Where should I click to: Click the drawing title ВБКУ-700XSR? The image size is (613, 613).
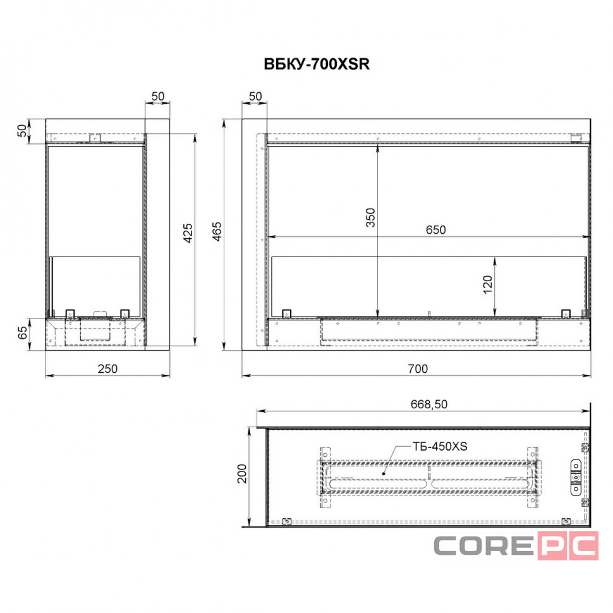[317, 64]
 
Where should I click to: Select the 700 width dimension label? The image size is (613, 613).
[418, 368]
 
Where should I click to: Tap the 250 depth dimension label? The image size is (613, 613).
[107, 368]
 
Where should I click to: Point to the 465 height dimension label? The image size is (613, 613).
[217, 231]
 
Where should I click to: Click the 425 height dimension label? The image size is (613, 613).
[188, 233]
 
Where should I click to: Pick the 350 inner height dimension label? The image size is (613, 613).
[370, 218]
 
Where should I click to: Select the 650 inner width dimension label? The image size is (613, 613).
[436, 230]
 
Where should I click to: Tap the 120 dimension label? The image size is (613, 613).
[487, 285]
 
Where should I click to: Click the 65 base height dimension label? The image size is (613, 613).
[23, 332]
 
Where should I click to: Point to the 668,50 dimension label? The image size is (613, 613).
[429, 404]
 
